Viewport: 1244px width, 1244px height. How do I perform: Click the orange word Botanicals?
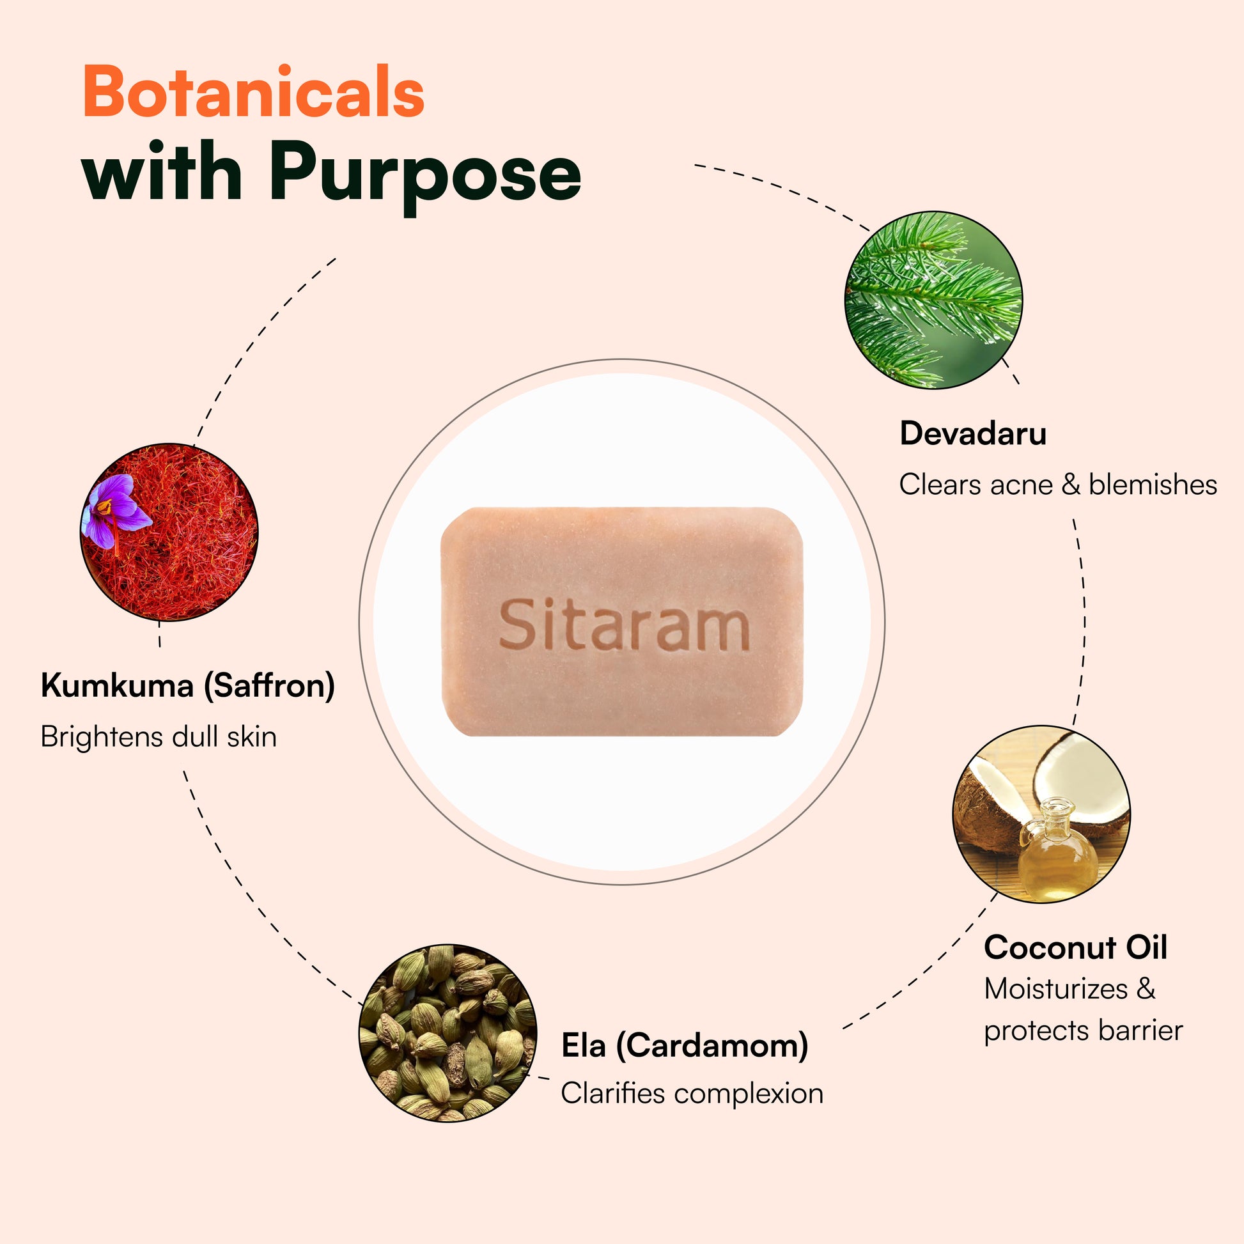coord(254,92)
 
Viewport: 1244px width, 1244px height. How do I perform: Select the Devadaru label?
coord(973,433)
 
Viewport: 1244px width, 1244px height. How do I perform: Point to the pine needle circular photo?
coord(933,300)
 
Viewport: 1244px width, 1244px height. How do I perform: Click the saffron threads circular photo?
coord(169,532)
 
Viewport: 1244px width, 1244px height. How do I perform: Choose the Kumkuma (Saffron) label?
coord(187,685)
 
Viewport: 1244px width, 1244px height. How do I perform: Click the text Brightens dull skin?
coord(159,736)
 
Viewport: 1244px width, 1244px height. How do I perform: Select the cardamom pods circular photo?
coord(447,1033)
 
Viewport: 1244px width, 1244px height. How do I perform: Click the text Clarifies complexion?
coord(692,1093)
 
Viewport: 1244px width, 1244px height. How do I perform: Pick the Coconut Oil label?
coord(1075,948)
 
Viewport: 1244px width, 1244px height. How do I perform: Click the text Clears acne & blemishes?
coord(1058,485)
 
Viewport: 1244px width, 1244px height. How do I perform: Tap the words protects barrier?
coord(1083,1031)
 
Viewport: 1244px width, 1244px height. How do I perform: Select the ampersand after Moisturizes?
coord(1146,989)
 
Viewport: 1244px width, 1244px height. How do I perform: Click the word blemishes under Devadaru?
coord(1153,485)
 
